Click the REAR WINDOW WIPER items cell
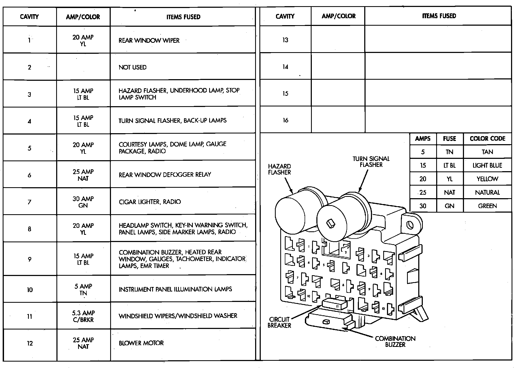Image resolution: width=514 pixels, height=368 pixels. point(149,41)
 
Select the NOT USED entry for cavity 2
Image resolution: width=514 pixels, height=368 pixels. point(133,67)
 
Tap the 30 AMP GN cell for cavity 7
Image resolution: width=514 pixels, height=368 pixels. point(83,202)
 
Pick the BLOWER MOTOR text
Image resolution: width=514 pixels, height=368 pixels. point(141,343)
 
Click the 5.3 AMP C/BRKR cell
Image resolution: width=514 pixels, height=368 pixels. point(83,316)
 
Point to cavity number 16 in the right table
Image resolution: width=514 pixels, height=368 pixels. point(285,120)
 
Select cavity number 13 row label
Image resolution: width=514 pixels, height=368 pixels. point(285,40)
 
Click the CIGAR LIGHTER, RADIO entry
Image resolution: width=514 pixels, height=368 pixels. point(150,202)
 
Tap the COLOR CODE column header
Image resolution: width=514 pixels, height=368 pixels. point(487,139)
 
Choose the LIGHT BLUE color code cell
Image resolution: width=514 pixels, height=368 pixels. point(487,166)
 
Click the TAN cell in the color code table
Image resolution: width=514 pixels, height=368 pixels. point(487,152)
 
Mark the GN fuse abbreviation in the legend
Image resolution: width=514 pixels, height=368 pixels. point(450,206)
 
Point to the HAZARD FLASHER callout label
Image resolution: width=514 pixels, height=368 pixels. point(279,169)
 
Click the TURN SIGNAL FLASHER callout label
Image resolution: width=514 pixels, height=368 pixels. point(371,162)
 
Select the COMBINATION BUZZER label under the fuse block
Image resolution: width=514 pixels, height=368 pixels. point(395,342)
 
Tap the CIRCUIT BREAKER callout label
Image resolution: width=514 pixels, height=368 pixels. point(279,322)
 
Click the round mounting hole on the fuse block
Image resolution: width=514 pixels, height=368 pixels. point(410,225)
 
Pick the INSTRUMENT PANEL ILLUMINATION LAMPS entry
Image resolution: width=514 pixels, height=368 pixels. point(175,289)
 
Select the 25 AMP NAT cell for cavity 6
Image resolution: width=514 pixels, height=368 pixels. point(83,175)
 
